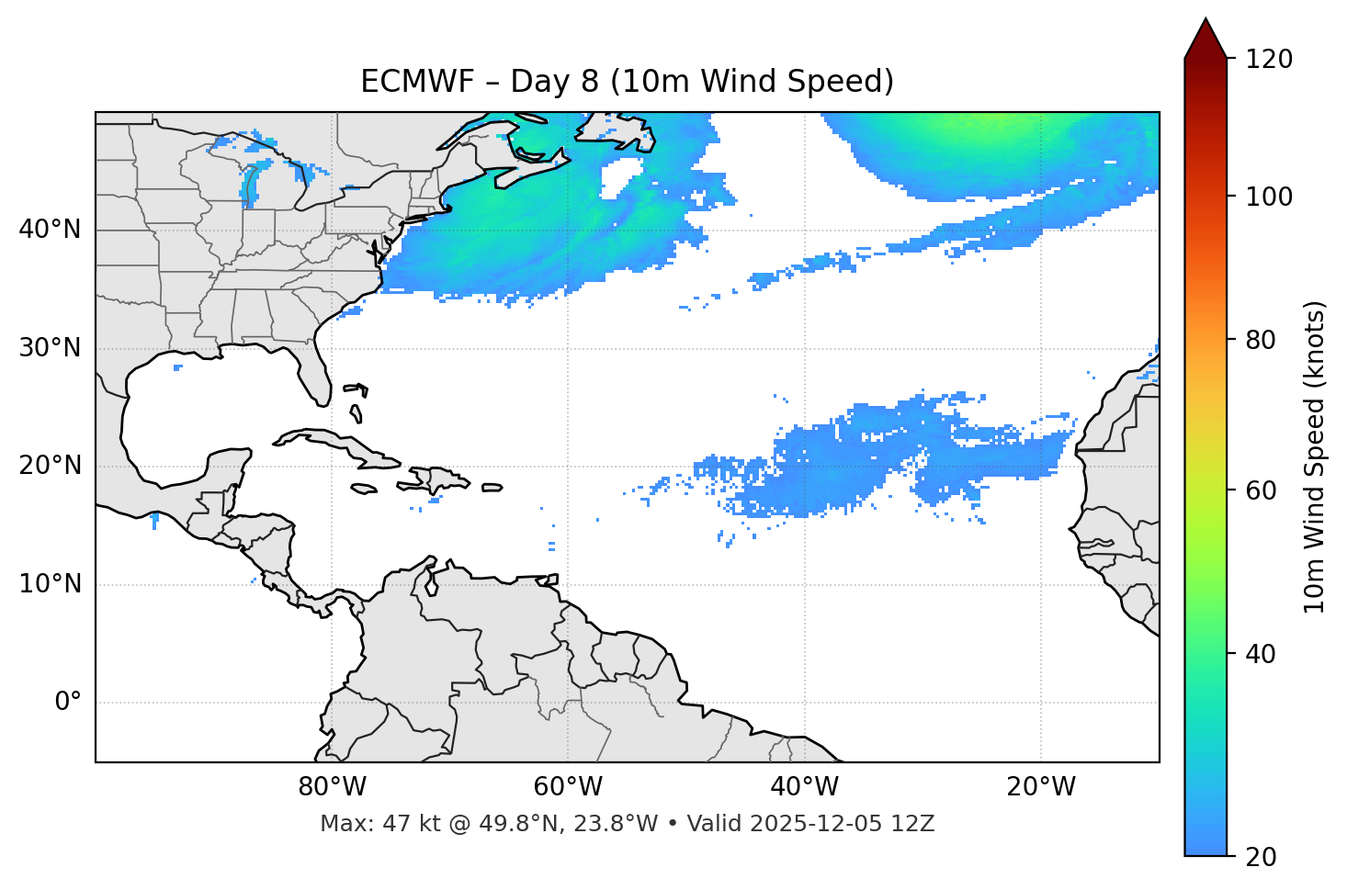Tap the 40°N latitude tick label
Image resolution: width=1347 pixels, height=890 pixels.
pos(50,230)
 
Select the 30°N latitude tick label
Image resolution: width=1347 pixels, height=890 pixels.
pos(50,348)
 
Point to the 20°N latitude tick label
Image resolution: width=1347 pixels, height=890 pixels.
pos(50,466)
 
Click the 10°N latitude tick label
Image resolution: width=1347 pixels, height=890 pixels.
pos(50,584)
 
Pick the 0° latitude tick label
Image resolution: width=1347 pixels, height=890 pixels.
pos(67,703)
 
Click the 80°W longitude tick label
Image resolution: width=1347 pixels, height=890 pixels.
pos(332,787)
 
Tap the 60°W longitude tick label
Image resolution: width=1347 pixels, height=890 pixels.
pos(568,787)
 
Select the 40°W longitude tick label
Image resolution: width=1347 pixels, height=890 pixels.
pos(804,787)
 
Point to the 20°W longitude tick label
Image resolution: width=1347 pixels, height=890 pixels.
pos(1041,787)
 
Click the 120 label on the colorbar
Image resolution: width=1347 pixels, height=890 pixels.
pos(1269,60)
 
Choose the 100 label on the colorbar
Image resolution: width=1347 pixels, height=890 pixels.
pos(1269,197)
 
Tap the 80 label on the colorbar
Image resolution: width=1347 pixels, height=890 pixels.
pos(1261,340)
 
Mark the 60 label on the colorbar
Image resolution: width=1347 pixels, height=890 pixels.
pos(1261,490)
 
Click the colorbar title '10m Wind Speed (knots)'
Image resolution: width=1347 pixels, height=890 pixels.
pos(1315,456)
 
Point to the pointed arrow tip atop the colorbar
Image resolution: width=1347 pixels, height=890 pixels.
pos(1206,22)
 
